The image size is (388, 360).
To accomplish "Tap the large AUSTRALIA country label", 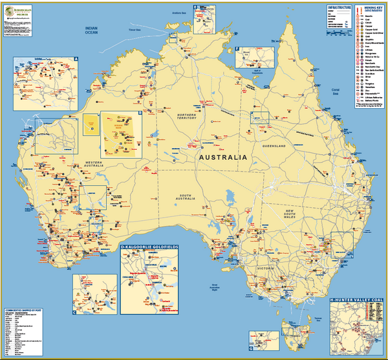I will tap(222, 158).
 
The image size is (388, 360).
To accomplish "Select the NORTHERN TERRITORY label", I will tap(192, 117).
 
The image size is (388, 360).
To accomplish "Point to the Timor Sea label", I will tap(135, 29).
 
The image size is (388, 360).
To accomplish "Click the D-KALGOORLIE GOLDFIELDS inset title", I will tap(150, 247).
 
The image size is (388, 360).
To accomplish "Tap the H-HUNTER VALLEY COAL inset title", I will tap(356, 300).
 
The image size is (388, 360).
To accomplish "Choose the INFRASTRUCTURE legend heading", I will tap(339, 7).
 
